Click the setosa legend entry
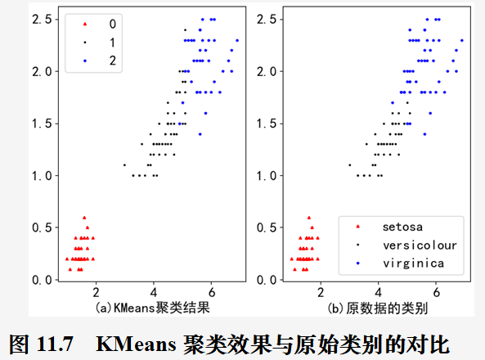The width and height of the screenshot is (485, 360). pyautogui.click(x=402, y=225)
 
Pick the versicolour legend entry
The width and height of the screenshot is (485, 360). pyautogui.click(x=420, y=244)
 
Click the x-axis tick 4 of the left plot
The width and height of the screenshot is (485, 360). pyautogui.click(x=153, y=292)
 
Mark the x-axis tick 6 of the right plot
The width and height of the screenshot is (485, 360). pyautogui.click(x=436, y=292)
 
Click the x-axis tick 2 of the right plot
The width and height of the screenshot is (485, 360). pyautogui.click(x=320, y=292)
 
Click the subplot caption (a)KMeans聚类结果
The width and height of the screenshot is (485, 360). pyautogui.click(x=148, y=307)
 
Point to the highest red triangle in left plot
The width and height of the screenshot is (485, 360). pyautogui.click(x=84, y=217)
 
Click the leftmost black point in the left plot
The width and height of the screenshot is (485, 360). pyautogui.click(x=124, y=164)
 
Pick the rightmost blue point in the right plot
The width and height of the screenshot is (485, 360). pyautogui.click(x=461, y=39)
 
